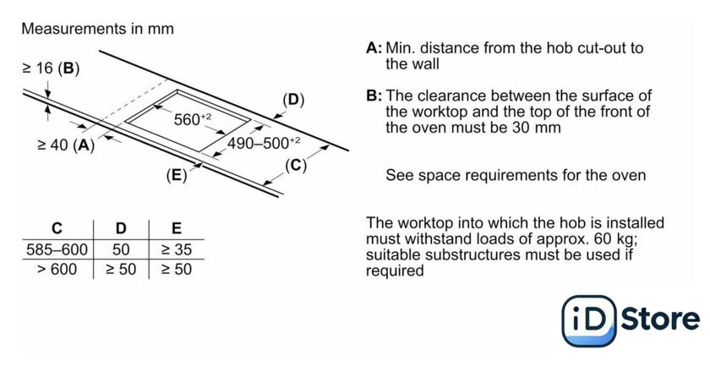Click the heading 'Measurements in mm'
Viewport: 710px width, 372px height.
[97, 29]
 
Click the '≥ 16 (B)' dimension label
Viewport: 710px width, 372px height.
[50, 67]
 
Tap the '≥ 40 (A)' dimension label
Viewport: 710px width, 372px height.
[66, 145]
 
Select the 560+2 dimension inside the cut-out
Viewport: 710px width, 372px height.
[192, 119]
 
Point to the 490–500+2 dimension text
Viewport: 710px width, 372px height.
[263, 143]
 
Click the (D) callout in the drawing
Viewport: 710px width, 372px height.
[292, 100]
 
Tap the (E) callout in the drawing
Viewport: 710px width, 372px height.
[177, 176]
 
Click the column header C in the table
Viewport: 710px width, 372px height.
[57, 228]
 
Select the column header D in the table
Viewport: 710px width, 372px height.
[120, 228]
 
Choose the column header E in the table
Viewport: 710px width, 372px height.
[175, 228]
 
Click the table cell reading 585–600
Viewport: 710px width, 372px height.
[57, 250]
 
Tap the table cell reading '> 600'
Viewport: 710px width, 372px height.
[57, 270]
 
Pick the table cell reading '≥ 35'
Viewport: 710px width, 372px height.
[175, 250]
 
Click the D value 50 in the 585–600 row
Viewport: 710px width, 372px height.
[120, 250]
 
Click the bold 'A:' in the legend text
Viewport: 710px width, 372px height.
[374, 48]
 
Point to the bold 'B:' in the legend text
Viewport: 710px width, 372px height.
[374, 96]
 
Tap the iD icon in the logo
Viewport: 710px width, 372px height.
[589, 320]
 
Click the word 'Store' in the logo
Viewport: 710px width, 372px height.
[660, 320]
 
